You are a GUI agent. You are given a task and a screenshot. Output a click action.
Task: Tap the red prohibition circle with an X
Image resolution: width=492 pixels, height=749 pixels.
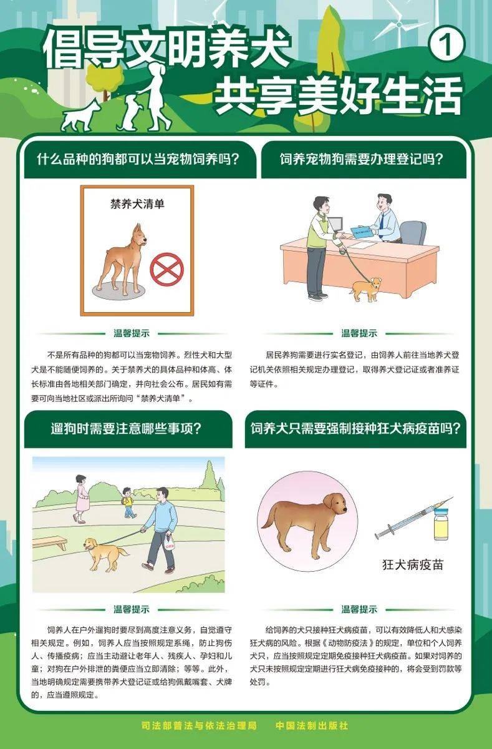(x=166, y=270)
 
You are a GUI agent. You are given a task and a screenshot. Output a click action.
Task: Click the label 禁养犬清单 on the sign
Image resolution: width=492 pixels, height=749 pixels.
(x=137, y=204)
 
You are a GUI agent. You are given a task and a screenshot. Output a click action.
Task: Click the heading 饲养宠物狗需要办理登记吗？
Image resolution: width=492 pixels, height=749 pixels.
(x=361, y=159)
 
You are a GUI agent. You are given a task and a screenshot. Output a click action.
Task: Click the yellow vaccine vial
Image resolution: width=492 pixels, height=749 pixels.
(x=441, y=524)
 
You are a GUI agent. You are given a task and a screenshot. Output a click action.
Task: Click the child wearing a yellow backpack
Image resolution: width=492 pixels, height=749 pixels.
(x=128, y=502)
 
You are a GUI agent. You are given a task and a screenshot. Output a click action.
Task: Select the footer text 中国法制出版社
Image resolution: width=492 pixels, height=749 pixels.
(x=312, y=726)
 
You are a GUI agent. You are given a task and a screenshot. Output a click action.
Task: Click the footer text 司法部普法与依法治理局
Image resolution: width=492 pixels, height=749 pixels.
(x=199, y=726)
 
